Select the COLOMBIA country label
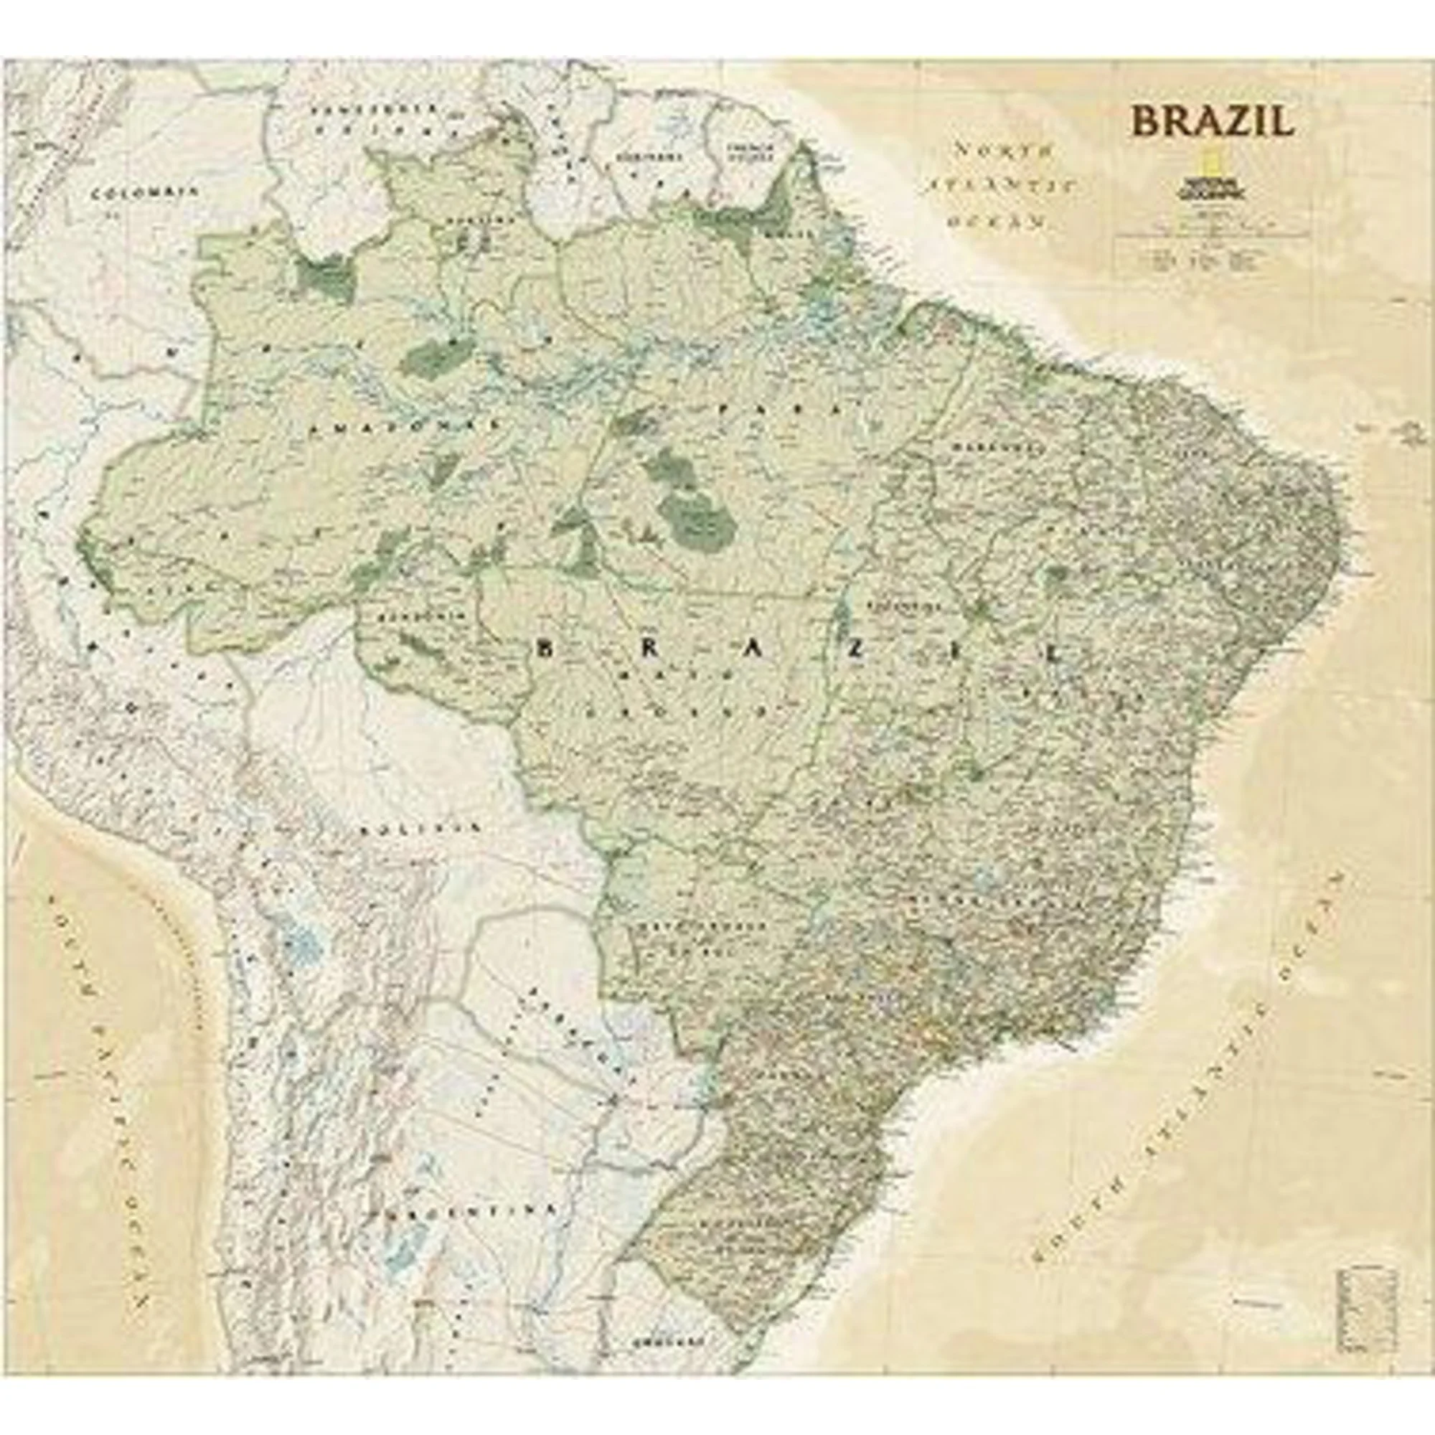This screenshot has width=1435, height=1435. (x=145, y=192)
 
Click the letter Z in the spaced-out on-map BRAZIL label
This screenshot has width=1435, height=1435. (x=858, y=649)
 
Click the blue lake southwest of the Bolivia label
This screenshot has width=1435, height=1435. (x=303, y=944)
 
